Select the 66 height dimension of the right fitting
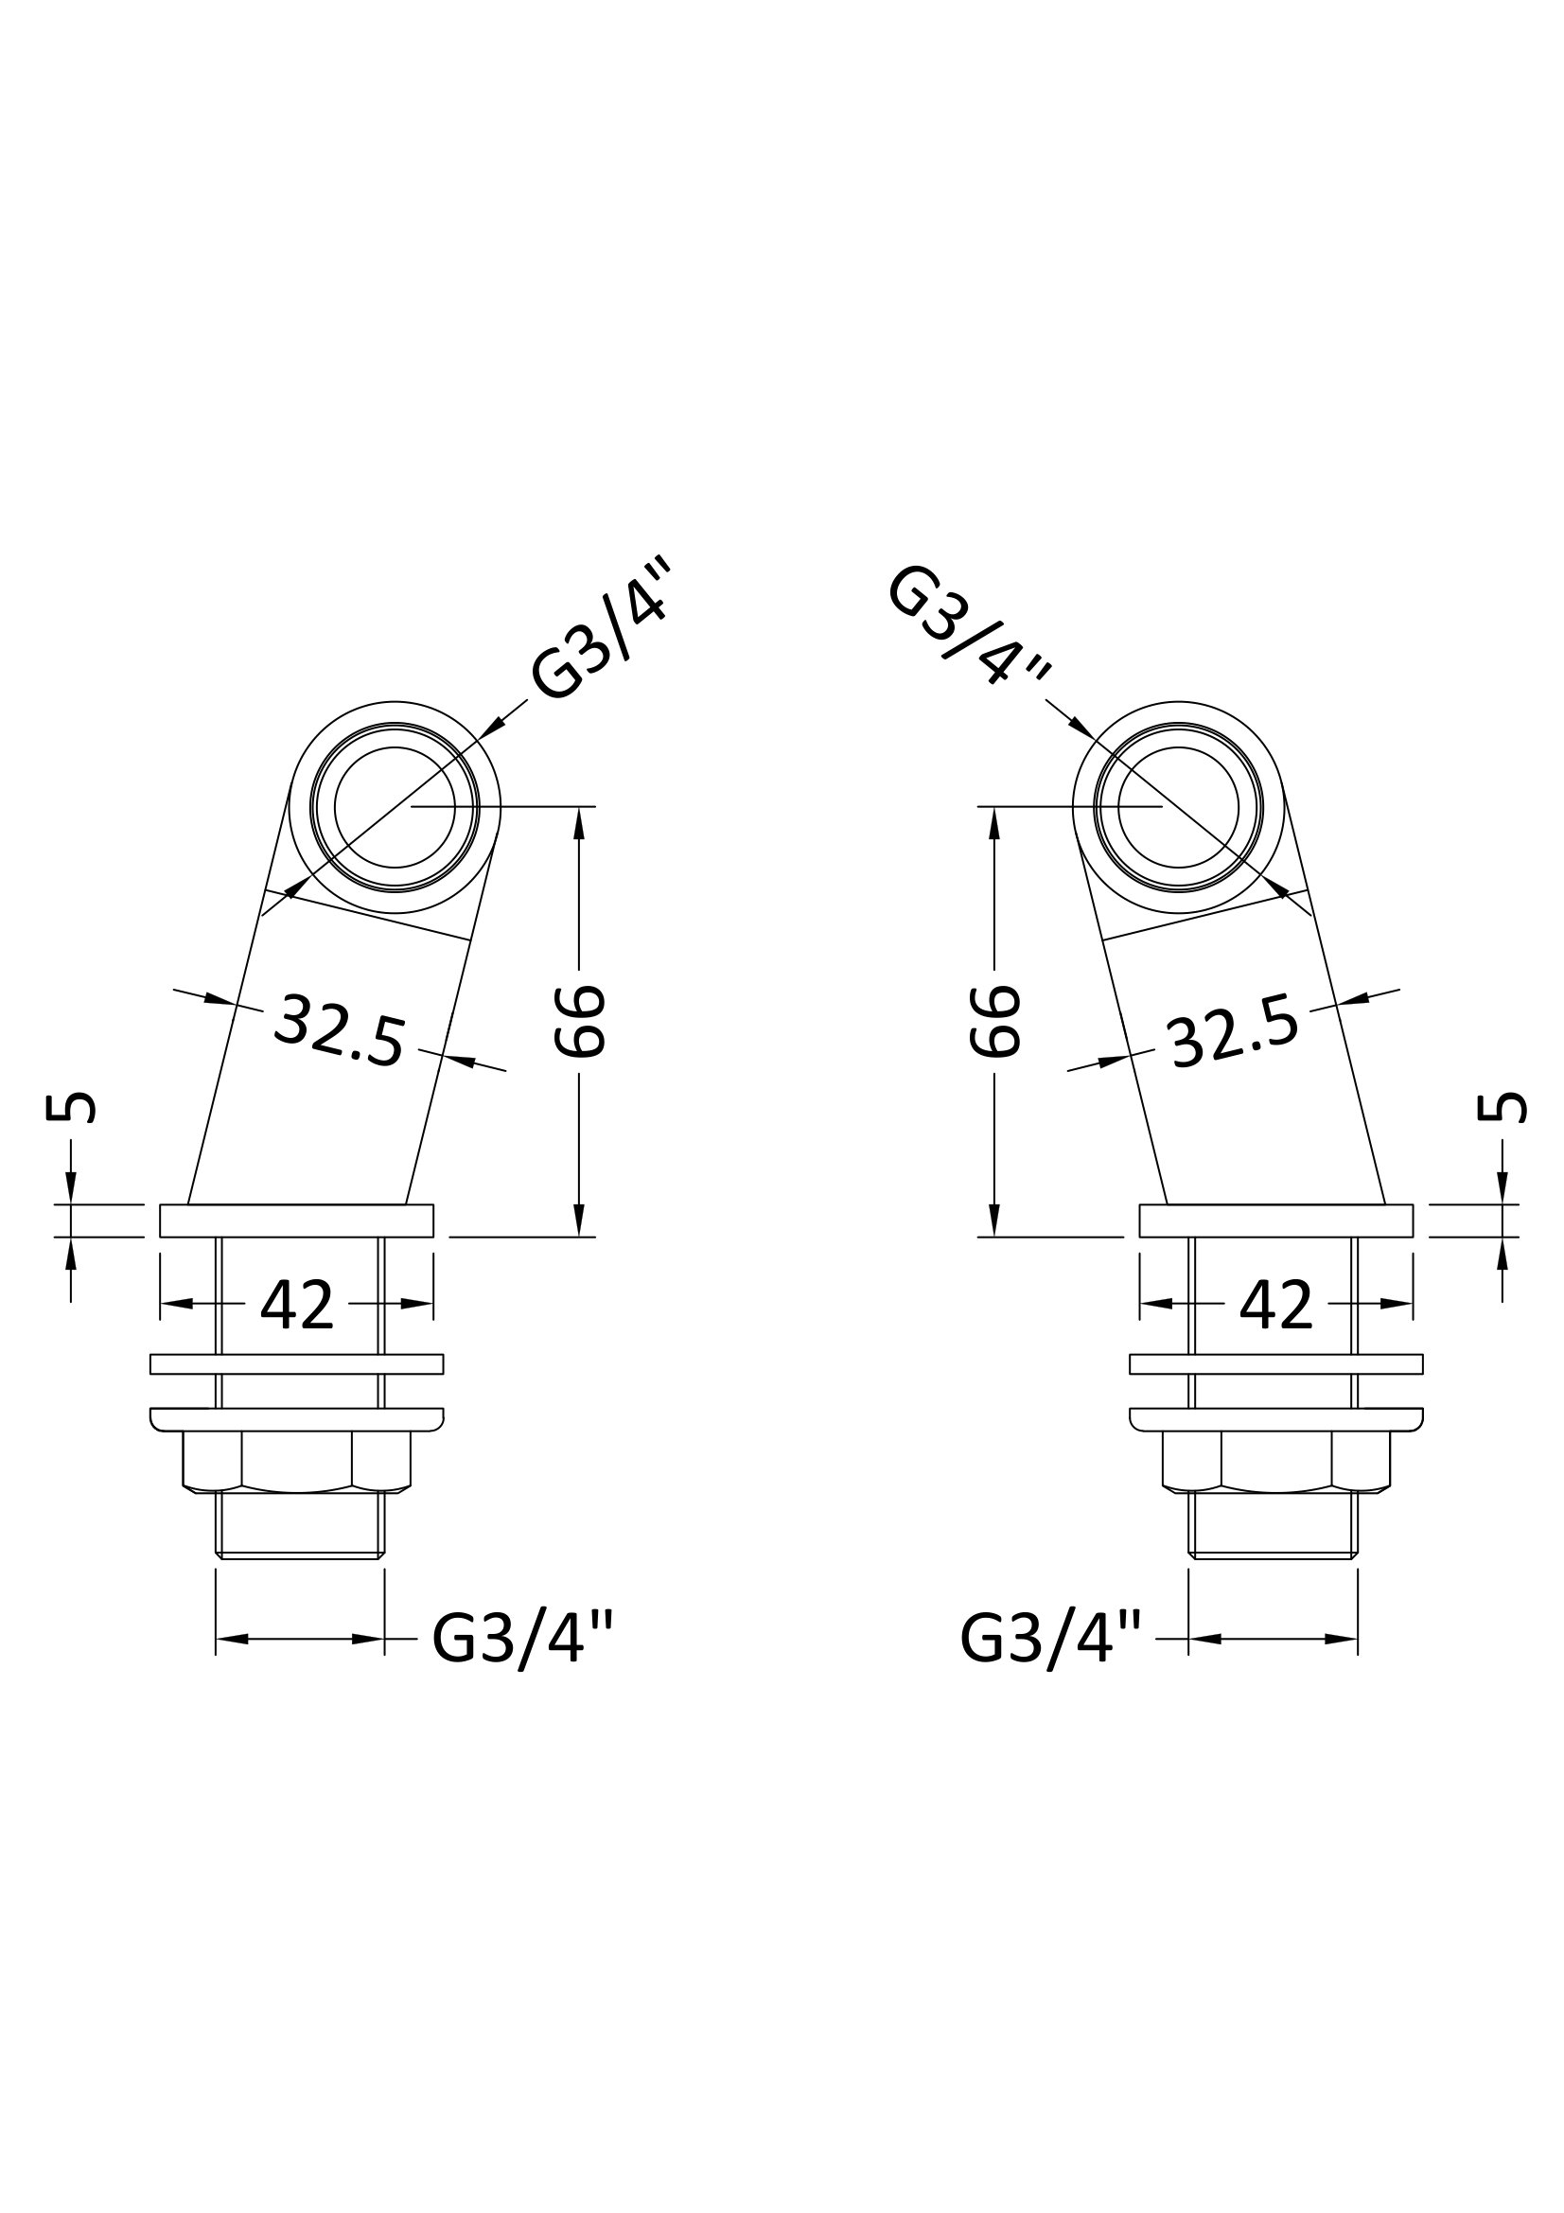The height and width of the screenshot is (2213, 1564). tap(993, 1021)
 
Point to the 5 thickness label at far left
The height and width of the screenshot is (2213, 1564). tap(71, 1108)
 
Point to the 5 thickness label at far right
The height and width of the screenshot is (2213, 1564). tap(1502, 1108)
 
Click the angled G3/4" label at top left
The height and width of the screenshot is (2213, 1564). tap(599, 633)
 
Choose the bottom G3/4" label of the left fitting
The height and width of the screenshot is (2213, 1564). tap(521, 1639)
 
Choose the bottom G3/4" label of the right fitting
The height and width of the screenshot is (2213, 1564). tap(1051, 1639)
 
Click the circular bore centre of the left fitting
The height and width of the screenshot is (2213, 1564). tap(395, 807)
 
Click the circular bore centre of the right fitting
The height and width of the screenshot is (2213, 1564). tap(1179, 807)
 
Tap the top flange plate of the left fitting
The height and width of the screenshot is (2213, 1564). tap(297, 1221)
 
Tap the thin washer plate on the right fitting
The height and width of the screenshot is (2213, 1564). tap(1275, 1364)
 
